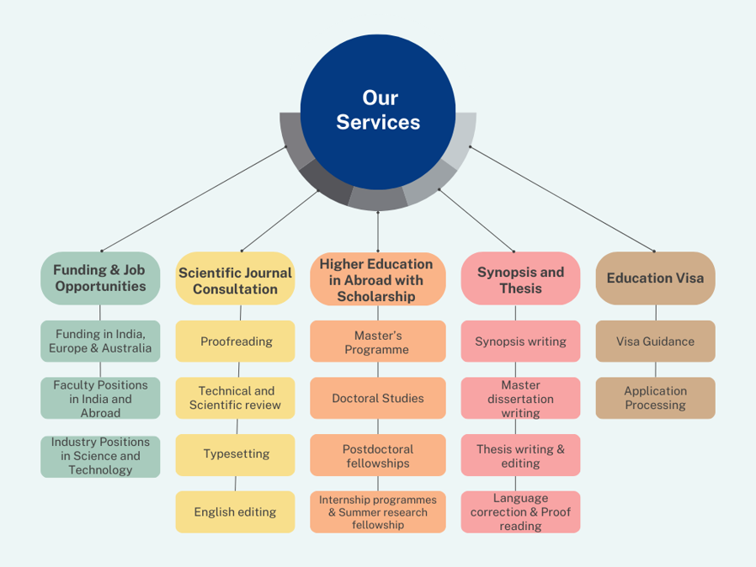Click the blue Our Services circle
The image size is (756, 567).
pos(378,110)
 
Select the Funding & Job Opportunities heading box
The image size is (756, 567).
pos(100,278)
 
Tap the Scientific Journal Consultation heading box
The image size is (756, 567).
pos(235,281)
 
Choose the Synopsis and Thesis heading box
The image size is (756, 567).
pos(520,279)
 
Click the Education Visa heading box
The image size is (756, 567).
pos(655,278)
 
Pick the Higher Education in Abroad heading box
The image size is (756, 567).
pos(377,279)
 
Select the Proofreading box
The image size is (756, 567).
pos(236,342)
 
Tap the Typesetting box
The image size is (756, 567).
pos(236,454)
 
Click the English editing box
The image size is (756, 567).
pos(235,511)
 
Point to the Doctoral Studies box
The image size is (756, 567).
pos(377,398)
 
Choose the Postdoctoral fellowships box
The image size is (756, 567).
pos(377,455)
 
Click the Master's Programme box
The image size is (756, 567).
pos(377,342)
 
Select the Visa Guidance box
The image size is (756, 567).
pos(655,342)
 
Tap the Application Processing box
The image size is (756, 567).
pos(655,398)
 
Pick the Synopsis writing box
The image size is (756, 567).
pos(520,342)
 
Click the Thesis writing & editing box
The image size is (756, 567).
pos(520,455)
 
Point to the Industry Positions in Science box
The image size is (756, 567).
pos(100,455)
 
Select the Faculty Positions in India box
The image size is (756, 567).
pos(100,398)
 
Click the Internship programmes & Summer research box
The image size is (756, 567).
pos(377,511)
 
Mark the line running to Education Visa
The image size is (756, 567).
pos(562,199)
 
